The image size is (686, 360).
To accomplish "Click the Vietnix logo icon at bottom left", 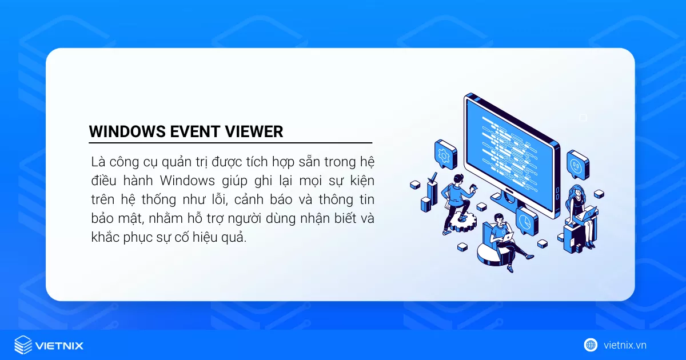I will (x=23, y=345).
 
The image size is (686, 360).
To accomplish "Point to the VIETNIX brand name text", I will (x=59, y=346).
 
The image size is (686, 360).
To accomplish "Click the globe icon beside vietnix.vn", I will (x=591, y=345).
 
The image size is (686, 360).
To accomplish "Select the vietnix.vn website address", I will (x=625, y=345).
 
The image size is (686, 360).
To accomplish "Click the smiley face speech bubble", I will (x=577, y=165).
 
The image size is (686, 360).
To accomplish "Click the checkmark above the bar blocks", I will (x=433, y=176).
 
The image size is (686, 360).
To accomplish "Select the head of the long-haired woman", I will (x=575, y=190).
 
